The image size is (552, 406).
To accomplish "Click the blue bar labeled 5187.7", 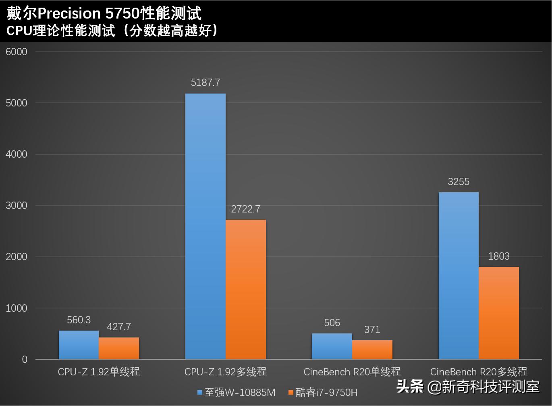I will coord(205,226).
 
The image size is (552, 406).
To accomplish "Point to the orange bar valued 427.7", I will coord(119,348).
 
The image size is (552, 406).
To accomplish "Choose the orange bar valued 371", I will coord(372,350).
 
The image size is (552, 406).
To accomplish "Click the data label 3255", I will coord(459,182).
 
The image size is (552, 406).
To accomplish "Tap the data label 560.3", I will coord(79,320).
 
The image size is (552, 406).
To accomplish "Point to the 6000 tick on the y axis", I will coord(17,52).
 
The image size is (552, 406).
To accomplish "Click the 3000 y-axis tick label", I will coord(17,206).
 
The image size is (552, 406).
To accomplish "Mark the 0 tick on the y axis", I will coord(25,359).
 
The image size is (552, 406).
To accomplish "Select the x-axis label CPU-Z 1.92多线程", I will coord(225,372).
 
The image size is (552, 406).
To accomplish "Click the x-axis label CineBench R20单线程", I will coord(352,372).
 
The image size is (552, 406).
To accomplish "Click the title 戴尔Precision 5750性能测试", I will coord(104,13).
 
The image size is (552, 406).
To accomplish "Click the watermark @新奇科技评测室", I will coord(483,387).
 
